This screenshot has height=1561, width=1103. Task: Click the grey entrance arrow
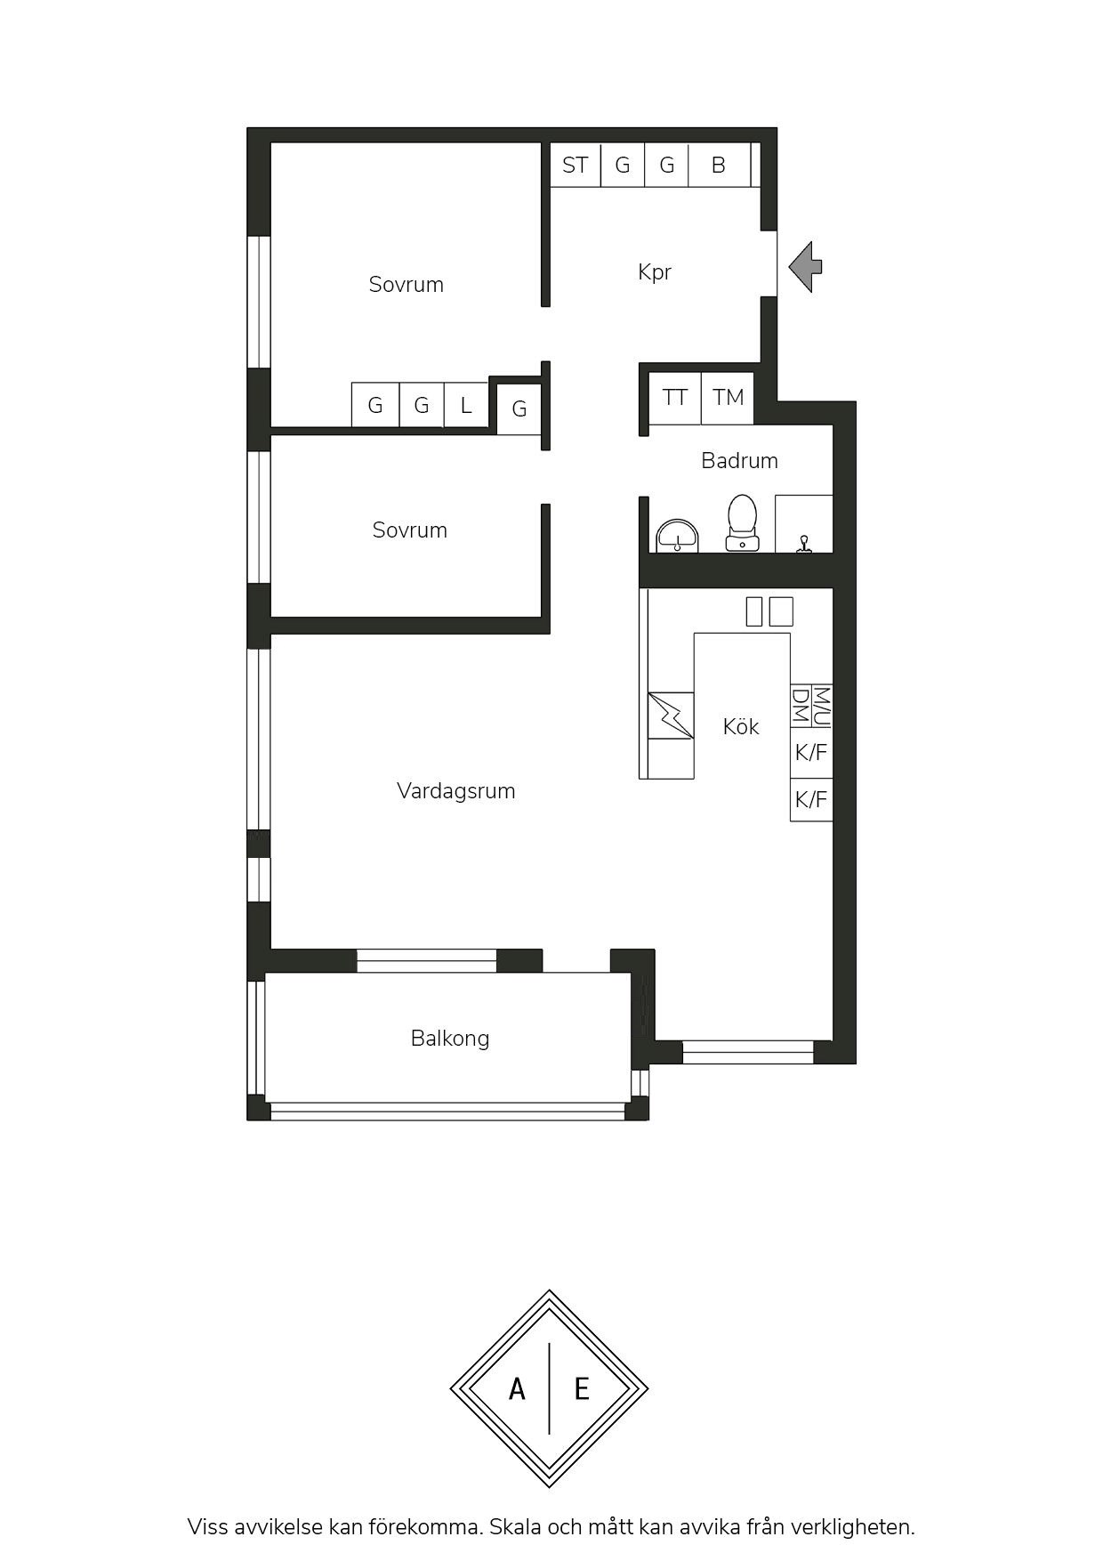(x=805, y=266)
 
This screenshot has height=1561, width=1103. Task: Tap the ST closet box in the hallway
(x=576, y=165)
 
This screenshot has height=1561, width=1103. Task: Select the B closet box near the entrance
(x=719, y=165)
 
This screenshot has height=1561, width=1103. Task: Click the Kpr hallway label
(x=655, y=272)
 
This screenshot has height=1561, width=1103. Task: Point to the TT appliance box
(x=675, y=398)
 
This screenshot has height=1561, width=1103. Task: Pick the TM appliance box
(x=728, y=398)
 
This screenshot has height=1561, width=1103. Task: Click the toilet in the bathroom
(x=742, y=522)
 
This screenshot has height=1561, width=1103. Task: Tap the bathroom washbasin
(x=677, y=537)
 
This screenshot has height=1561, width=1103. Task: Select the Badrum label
(x=739, y=461)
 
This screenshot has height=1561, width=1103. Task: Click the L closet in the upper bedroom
(x=466, y=406)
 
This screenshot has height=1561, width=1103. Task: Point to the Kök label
(x=741, y=727)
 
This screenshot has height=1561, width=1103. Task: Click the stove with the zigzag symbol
(x=671, y=716)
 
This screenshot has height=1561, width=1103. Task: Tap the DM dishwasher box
(x=801, y=706)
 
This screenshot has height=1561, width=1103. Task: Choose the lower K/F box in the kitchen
(x=811, y=799)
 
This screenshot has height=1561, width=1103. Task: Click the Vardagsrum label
(x=456, y=791)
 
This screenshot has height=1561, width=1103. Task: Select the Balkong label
(x=450, y=1039)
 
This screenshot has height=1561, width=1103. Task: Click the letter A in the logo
(x=517, y=1388)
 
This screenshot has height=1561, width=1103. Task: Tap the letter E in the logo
(x=582, y=1388)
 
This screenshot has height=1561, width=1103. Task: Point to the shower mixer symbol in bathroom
(x=804, y=545)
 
